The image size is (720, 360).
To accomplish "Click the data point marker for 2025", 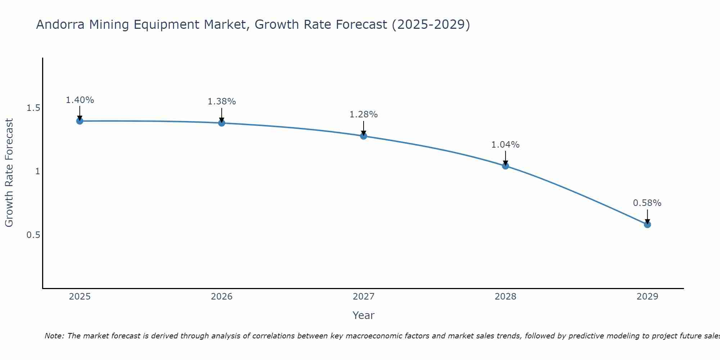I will tap(80, 121).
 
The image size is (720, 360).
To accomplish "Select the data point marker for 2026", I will tap(222, 123).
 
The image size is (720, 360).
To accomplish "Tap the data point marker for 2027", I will tap(364, 136).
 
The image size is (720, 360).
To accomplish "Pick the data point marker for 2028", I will tap(505, 166).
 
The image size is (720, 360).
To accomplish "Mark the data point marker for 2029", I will tap(647, 225).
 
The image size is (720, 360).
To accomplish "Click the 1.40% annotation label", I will tap(80, 100).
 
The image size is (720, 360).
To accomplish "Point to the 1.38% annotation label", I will tap(222, 102).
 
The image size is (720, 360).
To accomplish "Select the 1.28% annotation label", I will tap(364, 114).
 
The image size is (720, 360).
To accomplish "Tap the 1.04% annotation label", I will tap(505, 145).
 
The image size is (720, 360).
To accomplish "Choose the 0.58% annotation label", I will tap(647, 203).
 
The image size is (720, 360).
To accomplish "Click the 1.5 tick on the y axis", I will tap(33, 108).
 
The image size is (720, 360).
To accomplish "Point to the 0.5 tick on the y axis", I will tap(33, 235).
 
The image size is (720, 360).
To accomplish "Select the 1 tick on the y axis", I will tap(37, 171).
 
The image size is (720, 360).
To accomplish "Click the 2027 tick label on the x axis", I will tap(364, 297).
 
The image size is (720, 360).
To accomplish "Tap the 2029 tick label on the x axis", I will tap(647, 297).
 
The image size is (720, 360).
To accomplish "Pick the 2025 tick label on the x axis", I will tap(80, 297).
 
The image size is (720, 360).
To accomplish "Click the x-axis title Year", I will tap(364, 315).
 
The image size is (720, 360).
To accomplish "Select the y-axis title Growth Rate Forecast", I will tap(9, 173).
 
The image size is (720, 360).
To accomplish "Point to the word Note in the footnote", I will tap(54, 336).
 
